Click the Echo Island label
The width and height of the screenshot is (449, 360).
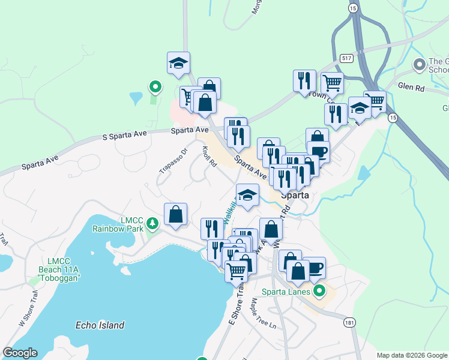coord(100,325)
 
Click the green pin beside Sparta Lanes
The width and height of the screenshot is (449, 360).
coord(320,292)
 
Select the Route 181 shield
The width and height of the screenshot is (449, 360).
coord(349,323)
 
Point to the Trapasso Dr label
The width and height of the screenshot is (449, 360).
coord(173,160)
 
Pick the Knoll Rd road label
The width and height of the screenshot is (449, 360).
coord(209,157)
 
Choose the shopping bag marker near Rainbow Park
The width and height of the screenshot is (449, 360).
coord(175,215)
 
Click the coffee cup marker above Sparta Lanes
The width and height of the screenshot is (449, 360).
coord(314,268)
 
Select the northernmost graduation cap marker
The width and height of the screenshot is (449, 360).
coord(178,64)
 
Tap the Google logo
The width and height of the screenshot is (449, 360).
coord(20,353)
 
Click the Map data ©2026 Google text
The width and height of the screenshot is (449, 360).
coord(411,355)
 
